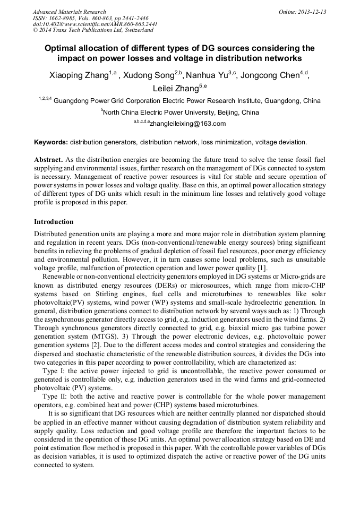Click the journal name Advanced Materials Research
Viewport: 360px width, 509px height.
(x=69, y=12)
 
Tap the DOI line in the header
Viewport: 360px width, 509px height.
(x=95, y=24)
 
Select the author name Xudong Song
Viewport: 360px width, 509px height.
(x=148, y=75)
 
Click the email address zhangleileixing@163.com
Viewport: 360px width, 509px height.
(x=187, y=124)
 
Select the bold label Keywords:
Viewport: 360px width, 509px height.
(x=51, y=142)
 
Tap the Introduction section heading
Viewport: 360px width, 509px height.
(x=54, y=222)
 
